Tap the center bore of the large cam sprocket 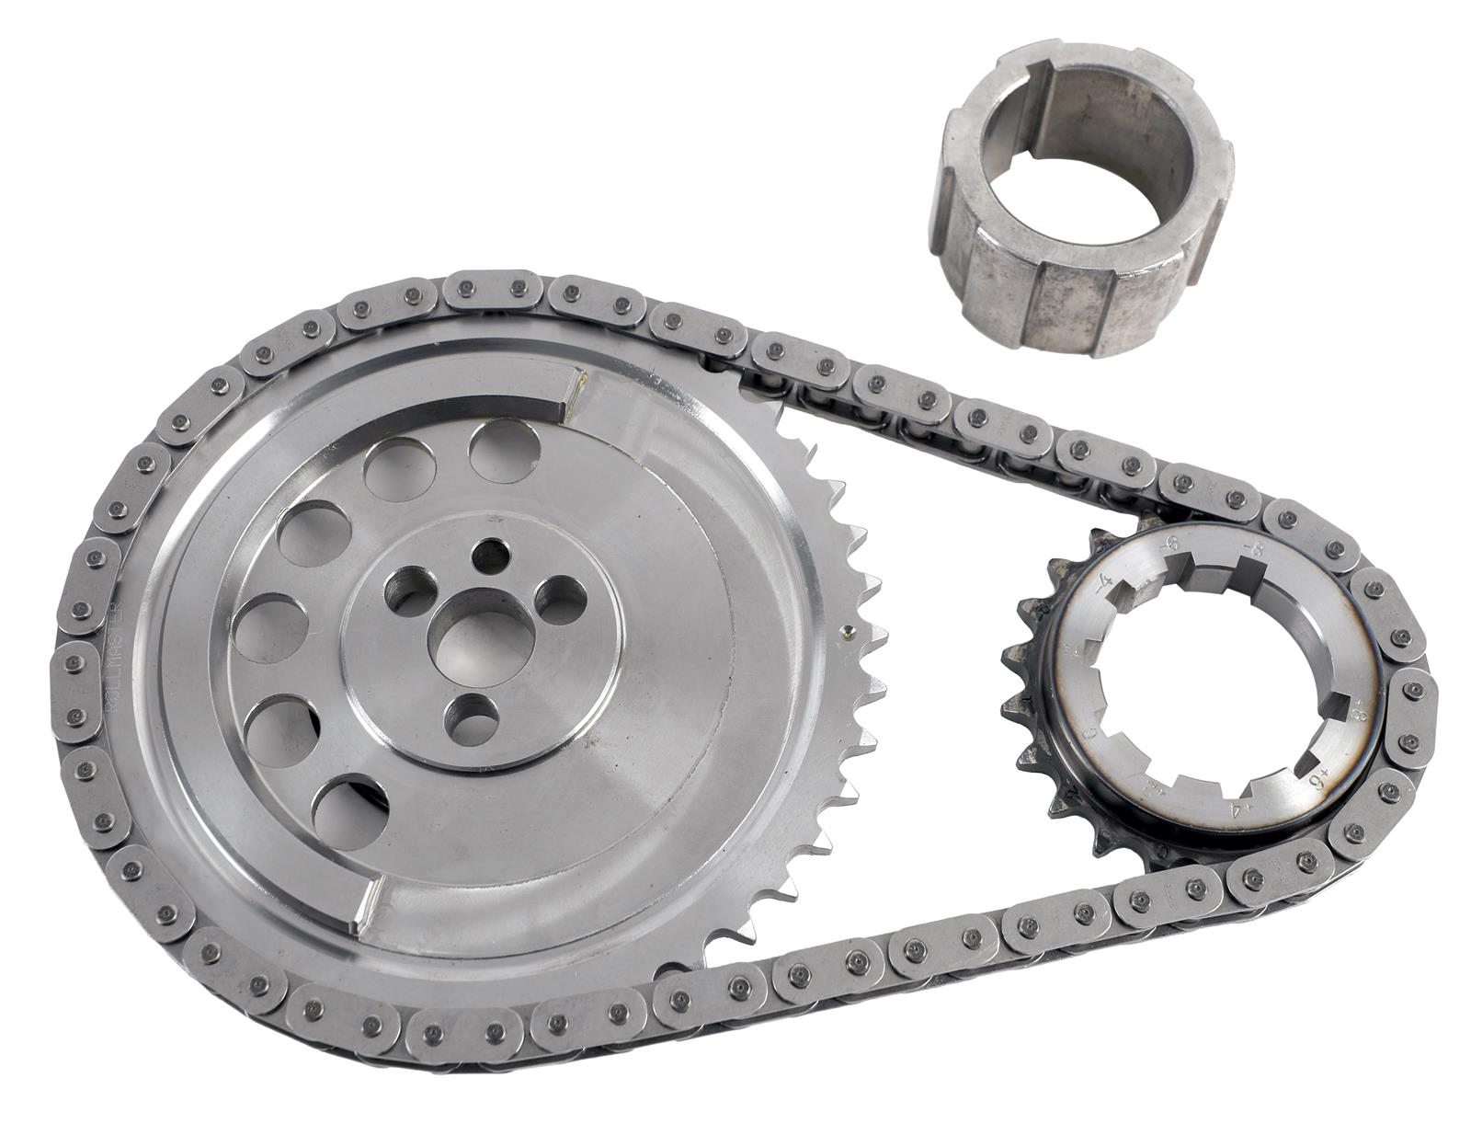pyautogui.click(x=479, y=644)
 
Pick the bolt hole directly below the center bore pyautogui.click(x=470, y=719)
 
